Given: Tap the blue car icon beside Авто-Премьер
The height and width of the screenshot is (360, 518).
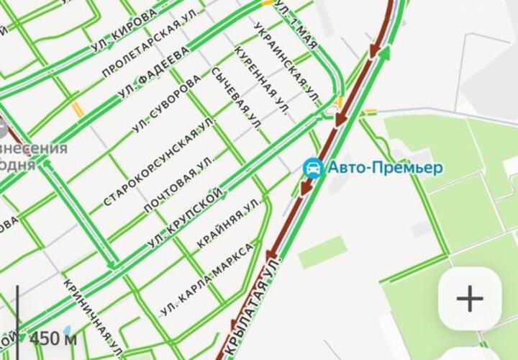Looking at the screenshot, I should point(313,168).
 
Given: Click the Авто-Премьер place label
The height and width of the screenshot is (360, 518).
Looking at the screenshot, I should point(386,168).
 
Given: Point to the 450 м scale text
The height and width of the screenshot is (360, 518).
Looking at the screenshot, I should point(53,338).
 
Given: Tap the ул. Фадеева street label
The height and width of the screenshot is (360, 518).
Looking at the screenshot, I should point(153,74).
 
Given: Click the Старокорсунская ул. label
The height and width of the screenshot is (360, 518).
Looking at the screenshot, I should point(159,161).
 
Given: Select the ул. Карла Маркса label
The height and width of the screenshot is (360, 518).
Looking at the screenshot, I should point(207,280).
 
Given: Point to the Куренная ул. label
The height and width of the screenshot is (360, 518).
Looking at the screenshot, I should point(262,80).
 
